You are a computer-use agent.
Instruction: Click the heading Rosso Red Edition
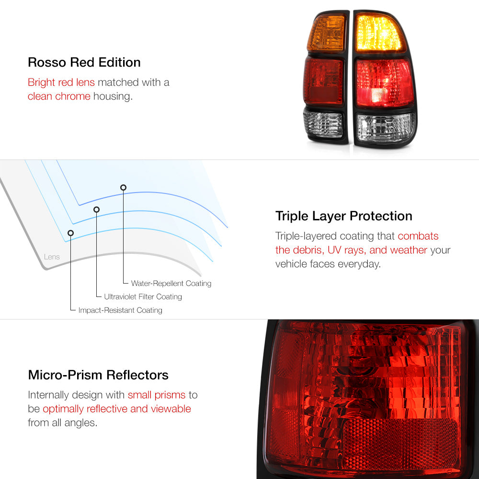pos(84,62)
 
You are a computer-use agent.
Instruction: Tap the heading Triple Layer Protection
pos(343,216)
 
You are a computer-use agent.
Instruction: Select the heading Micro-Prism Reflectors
pos(98,375)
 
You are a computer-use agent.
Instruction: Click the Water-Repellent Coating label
pos(171,283)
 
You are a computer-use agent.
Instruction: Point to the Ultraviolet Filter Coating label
pos(143,297)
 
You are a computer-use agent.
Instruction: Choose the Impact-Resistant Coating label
pos(120,310)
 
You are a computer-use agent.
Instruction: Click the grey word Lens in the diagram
pos(52,257)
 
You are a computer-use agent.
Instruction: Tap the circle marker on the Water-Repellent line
pos(123,187)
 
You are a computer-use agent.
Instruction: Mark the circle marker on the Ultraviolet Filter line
pos(97,209)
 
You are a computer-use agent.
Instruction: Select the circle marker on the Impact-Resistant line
pos(70,233)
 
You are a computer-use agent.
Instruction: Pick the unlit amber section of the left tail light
pos(327,34)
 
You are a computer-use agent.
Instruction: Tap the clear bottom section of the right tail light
pos(386,128)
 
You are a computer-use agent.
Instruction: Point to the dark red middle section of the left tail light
pos(324,81)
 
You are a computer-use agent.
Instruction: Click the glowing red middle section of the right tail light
pos(384,82)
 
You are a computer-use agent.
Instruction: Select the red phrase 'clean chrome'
pos(59,96)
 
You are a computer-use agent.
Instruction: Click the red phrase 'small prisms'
pos(157,395)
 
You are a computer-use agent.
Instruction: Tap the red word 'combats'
pos(418,236)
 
